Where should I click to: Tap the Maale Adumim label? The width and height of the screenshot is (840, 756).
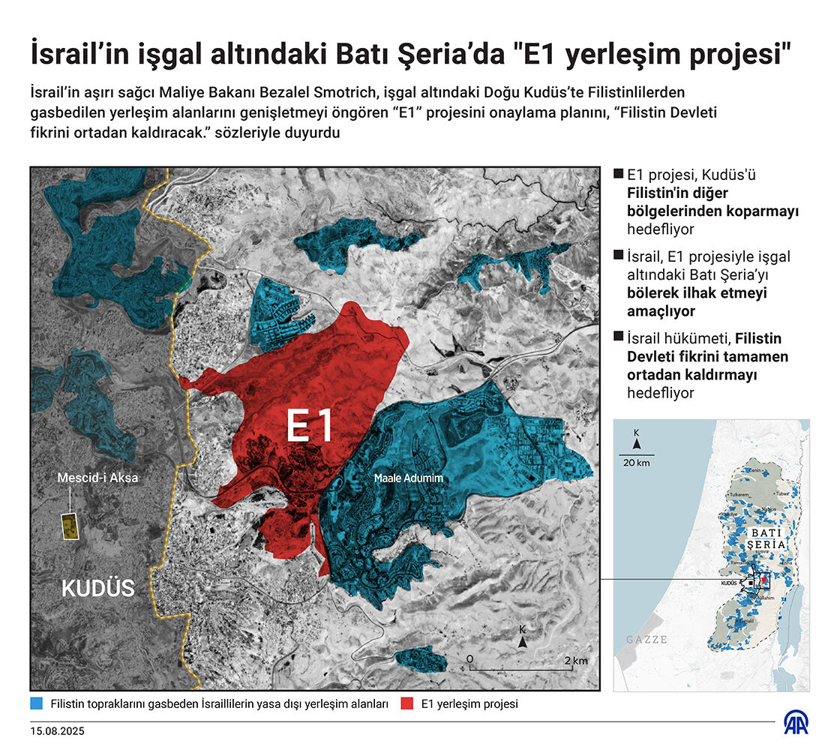pos(409,477)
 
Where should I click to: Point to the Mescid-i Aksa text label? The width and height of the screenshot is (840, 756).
pos(97,476)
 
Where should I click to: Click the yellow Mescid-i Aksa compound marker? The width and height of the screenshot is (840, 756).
pos(70,526)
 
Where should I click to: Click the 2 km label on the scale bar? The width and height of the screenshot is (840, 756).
pos(576,660)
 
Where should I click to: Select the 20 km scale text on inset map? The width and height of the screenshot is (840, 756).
pos(635,462)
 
